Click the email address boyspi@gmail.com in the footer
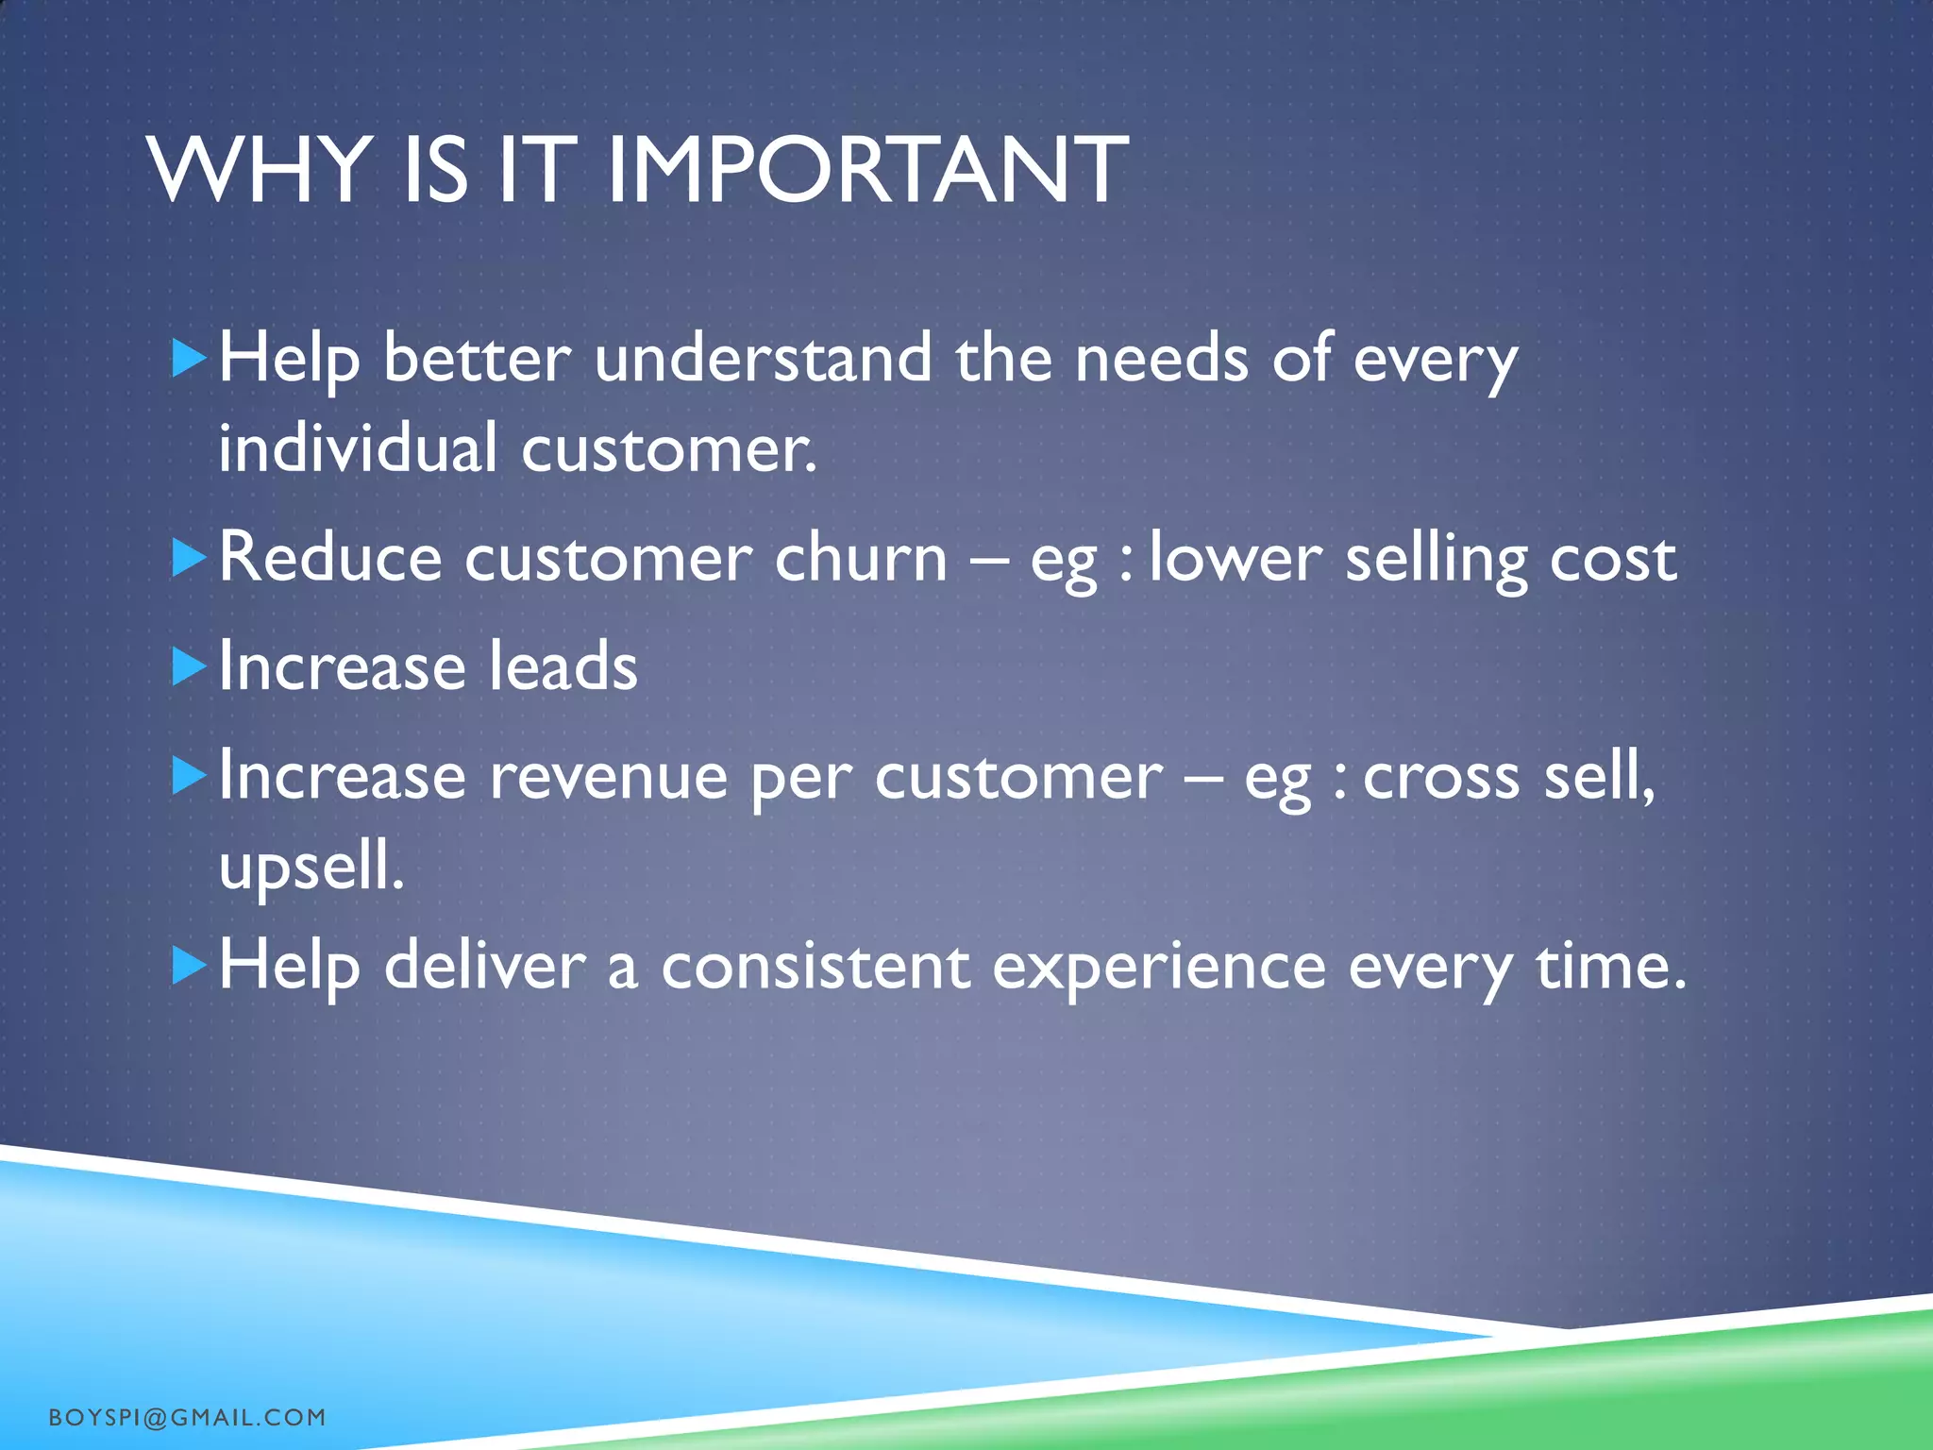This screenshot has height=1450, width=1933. pyautogui.click(x=187, y=1417)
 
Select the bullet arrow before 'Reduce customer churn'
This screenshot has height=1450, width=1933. pyautogui.click(x=189, y=559)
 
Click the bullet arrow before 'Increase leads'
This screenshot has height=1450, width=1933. pyautogui.click(x=189, y=667)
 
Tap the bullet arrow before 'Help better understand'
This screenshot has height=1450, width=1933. pyautogui.click(x=189, y=360)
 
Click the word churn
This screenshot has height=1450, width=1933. pyautogui.click(x=860, y=557)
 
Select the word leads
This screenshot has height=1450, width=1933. pyautogui.click(x=563, y=666)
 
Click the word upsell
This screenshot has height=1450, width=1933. pyautogui.click(x=311, y=867)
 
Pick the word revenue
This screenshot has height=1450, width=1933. pyautogui.click(x=609, y=777)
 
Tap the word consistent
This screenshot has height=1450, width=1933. pyautogui.click(x=815, y=967)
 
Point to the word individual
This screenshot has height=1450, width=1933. pyautogui.click(x=358, y=447)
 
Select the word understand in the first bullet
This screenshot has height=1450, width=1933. pyautogui.click(x=763, y=359)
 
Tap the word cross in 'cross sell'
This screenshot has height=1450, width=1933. pyautogui.click(x=1441, y=777)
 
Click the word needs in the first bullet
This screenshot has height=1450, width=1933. pyautogui.click(x=1161, y=359)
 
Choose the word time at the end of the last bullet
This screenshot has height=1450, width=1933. pyautogui.click(x=1609, y=967)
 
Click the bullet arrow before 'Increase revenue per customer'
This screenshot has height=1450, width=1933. pyautogui.click(x=189, y=777)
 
